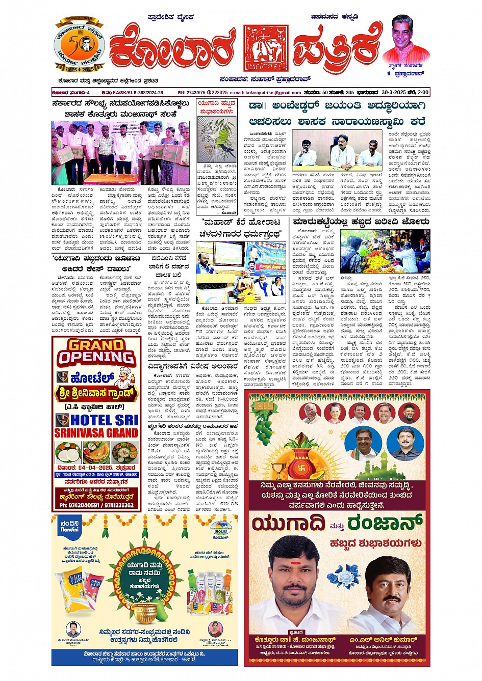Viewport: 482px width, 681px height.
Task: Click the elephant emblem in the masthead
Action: coord(266,48)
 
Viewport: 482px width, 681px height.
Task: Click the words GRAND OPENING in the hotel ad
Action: coord(96,352)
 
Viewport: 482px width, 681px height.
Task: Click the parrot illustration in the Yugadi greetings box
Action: coord(217,139)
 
